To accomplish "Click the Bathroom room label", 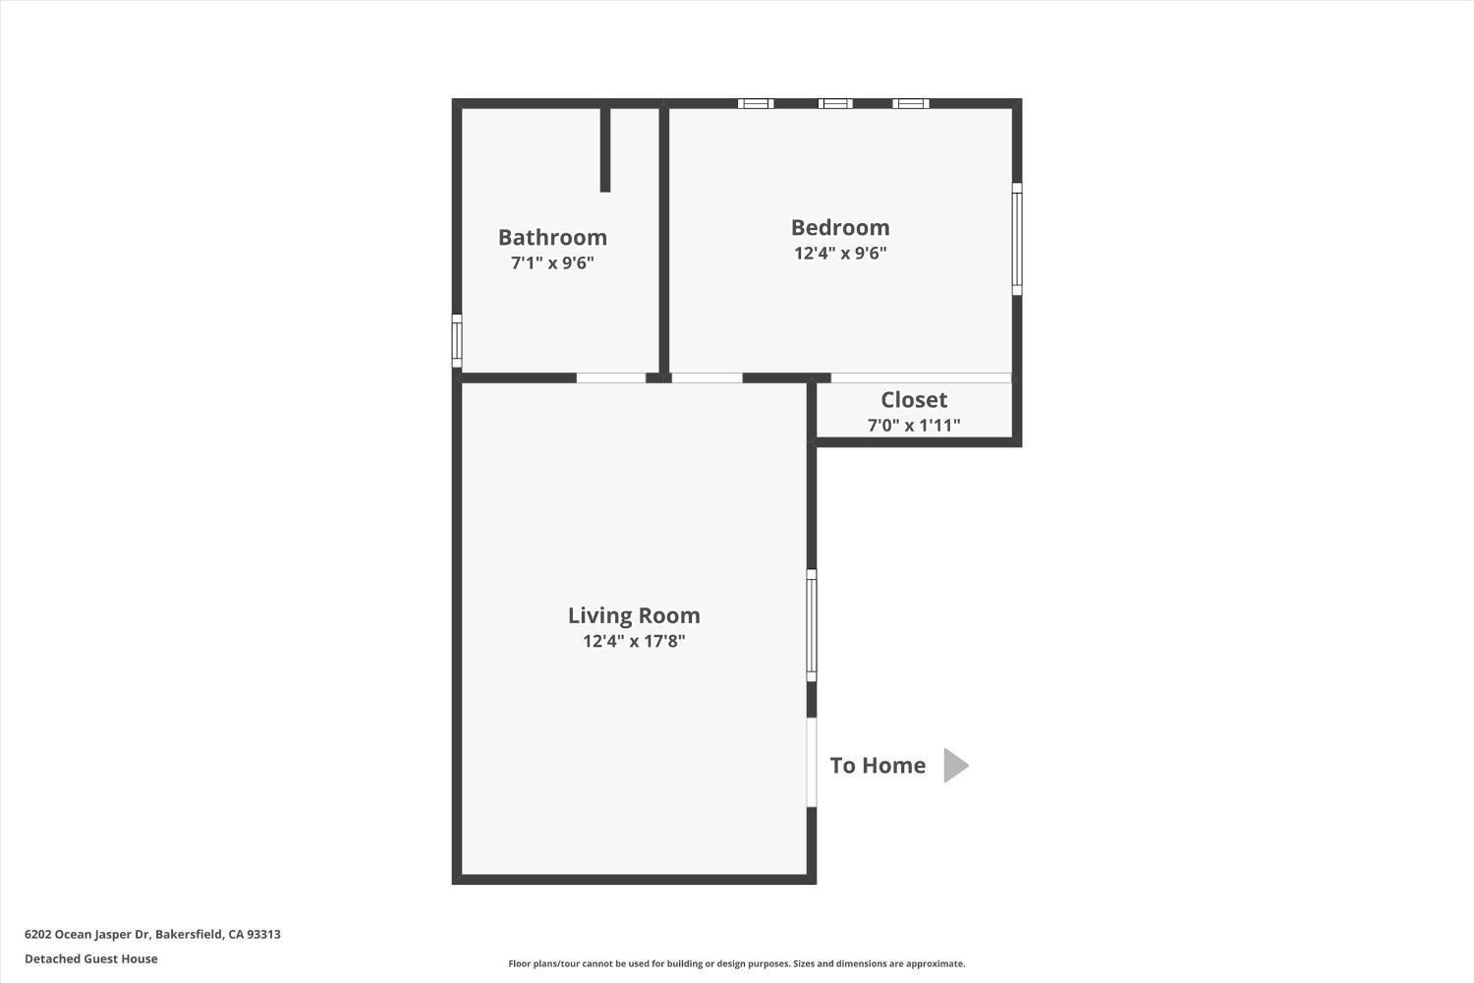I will [x=552, y=237].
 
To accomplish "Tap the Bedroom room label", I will [x=840, y=227].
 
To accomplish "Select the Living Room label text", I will [x=634, y=615].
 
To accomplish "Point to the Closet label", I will [x=914, y=399].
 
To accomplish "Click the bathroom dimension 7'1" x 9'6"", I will [x=552, y=263].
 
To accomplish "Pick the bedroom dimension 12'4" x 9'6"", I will [x=840, y=253].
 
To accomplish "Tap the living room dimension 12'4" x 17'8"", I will [x=634, y=641].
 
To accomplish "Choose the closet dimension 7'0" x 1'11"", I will [x=914, y=425].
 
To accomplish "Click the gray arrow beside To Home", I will [x=955, y=765].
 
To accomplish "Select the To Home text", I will [x=878, y=765].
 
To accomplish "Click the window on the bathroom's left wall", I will [x=457, y=340].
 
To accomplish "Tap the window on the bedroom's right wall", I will [x=1017, y=239].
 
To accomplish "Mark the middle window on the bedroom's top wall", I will [x=835, y=103].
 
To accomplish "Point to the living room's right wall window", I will [x=812, y=625].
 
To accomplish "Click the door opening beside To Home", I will [x=812, y=763].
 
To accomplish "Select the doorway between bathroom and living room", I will [x=610, y=377].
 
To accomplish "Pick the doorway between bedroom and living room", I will [x=707, y=377].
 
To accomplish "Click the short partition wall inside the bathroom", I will [x=605, y=149].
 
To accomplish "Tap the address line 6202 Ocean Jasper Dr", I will [x=152, y=934].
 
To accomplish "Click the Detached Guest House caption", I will [x=90, y=958].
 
